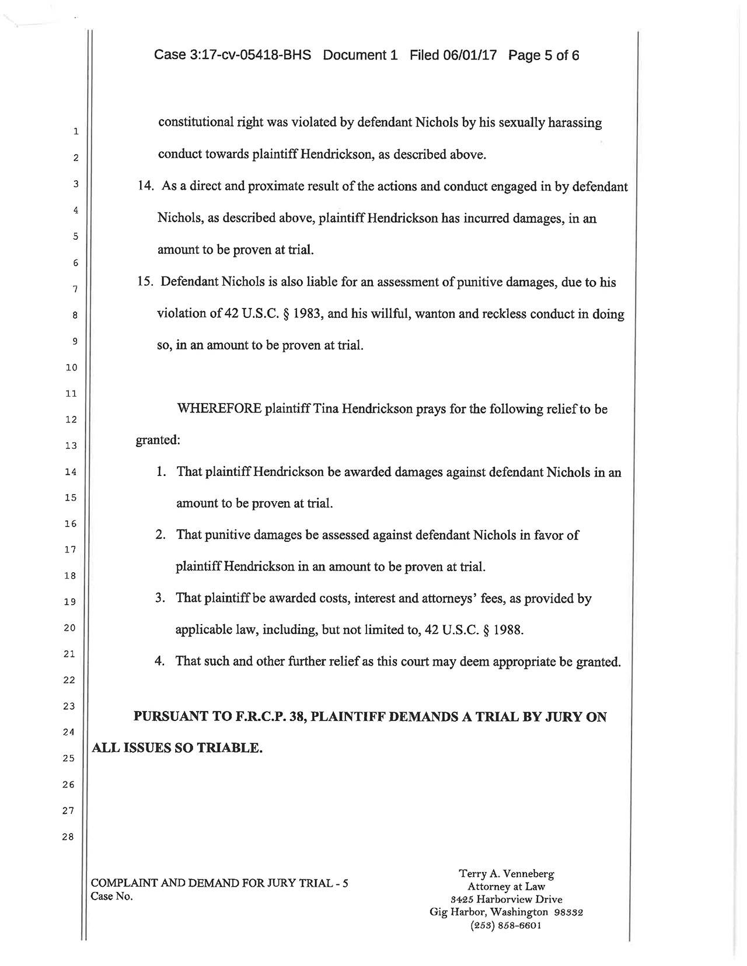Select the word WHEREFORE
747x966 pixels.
pyautogui.click(x=219, y=409)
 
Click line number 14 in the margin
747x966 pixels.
pyautogui.click(x=71, y=472)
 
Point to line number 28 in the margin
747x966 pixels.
pyautogui.click(x=69, y=837)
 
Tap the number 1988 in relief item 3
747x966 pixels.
pyautogui.click(x=507, y=631)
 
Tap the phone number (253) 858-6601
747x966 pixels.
pyautogui.click(x=506, y=926)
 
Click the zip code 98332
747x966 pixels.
pyautogui.click(x=567, y=912)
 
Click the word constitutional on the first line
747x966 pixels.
pyautogui.click(x=196, y=124)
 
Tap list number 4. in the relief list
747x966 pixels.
pyautogui.click(x=159, y=662)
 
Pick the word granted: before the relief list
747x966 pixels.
pyautogui.click(x=158, y=440)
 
